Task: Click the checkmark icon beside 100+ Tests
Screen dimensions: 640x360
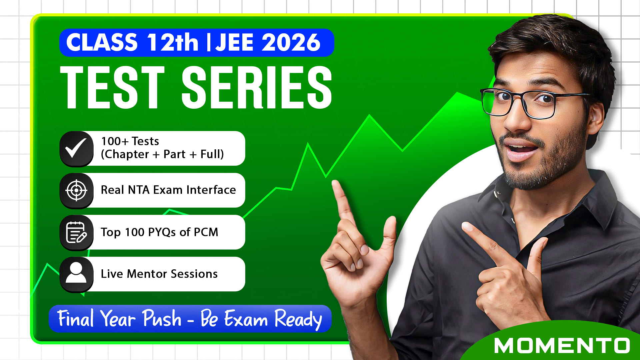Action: click(76, 148)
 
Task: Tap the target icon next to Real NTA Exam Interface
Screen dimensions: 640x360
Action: click(76, 190)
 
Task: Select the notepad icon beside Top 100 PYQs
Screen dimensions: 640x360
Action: click(76, 232)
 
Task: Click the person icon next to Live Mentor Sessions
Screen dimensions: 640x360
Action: click(76, 273)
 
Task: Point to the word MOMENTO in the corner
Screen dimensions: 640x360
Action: click(562, 346)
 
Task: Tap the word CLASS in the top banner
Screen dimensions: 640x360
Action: click(102, 42)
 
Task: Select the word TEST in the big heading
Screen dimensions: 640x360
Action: click(112, 87)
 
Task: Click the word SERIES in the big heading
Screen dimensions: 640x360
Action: click(257, 87)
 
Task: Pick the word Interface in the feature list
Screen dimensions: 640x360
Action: click(211, 190)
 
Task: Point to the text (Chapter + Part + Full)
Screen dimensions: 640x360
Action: click(162, 154)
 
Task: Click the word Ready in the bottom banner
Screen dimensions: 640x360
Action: click(298, 319)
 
